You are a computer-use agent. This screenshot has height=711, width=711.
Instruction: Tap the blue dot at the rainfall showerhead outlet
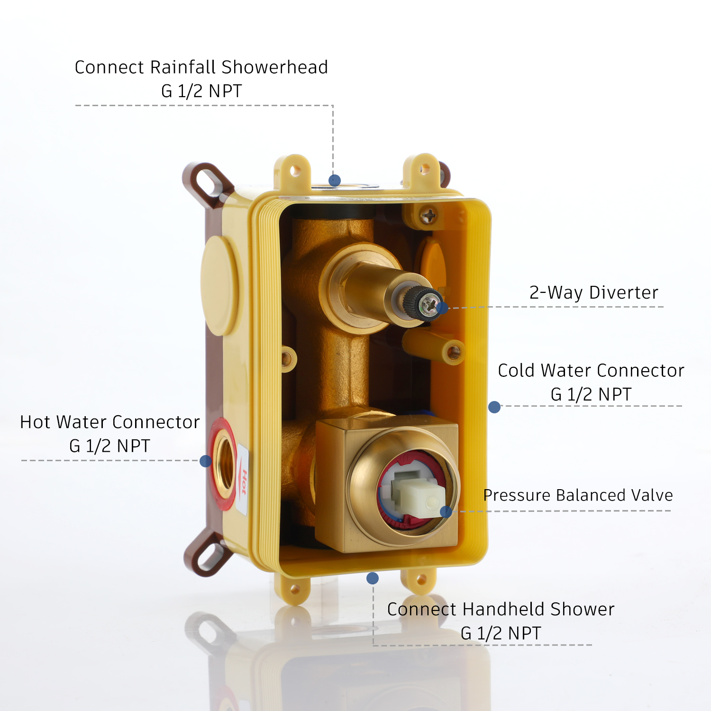click(335, 180)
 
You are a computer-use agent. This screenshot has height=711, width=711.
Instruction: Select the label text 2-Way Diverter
click(594, 292)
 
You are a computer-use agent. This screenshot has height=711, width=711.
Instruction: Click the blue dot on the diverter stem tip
click(442, 308)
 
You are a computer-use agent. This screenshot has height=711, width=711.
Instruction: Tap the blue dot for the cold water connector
click(494, 407)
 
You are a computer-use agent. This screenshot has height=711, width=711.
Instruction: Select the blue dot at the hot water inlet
click(206, 461)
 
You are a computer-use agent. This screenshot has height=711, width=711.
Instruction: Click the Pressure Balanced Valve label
click(578, 495)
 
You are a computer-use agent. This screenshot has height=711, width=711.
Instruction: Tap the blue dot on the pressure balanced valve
click(446, 512)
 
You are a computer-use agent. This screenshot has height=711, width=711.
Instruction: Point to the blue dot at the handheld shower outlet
click(373, 578)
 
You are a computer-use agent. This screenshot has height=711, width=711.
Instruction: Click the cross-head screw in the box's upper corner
click(429, 217)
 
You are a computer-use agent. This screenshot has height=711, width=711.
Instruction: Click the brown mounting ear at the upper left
click(207, 183)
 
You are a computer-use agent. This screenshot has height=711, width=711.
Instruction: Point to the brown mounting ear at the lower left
click(208, 553)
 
